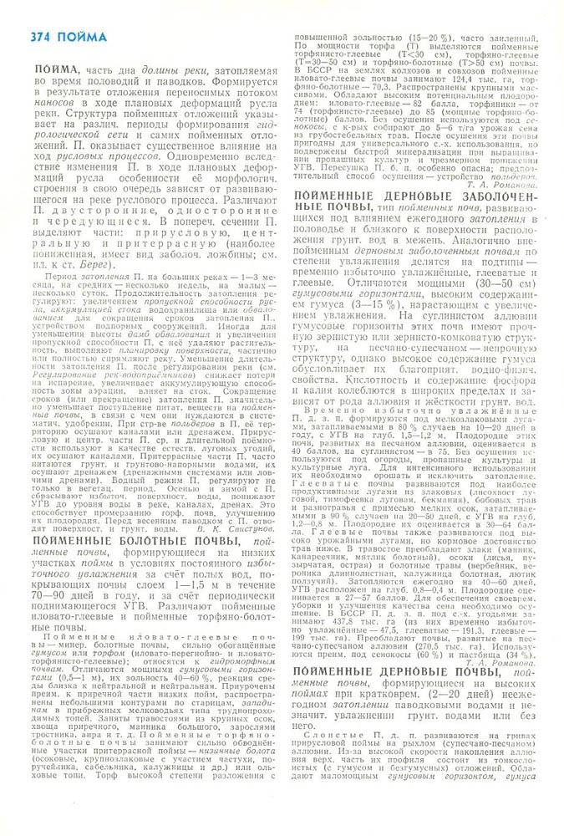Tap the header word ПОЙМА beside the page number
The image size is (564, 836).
click(83, 36)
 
